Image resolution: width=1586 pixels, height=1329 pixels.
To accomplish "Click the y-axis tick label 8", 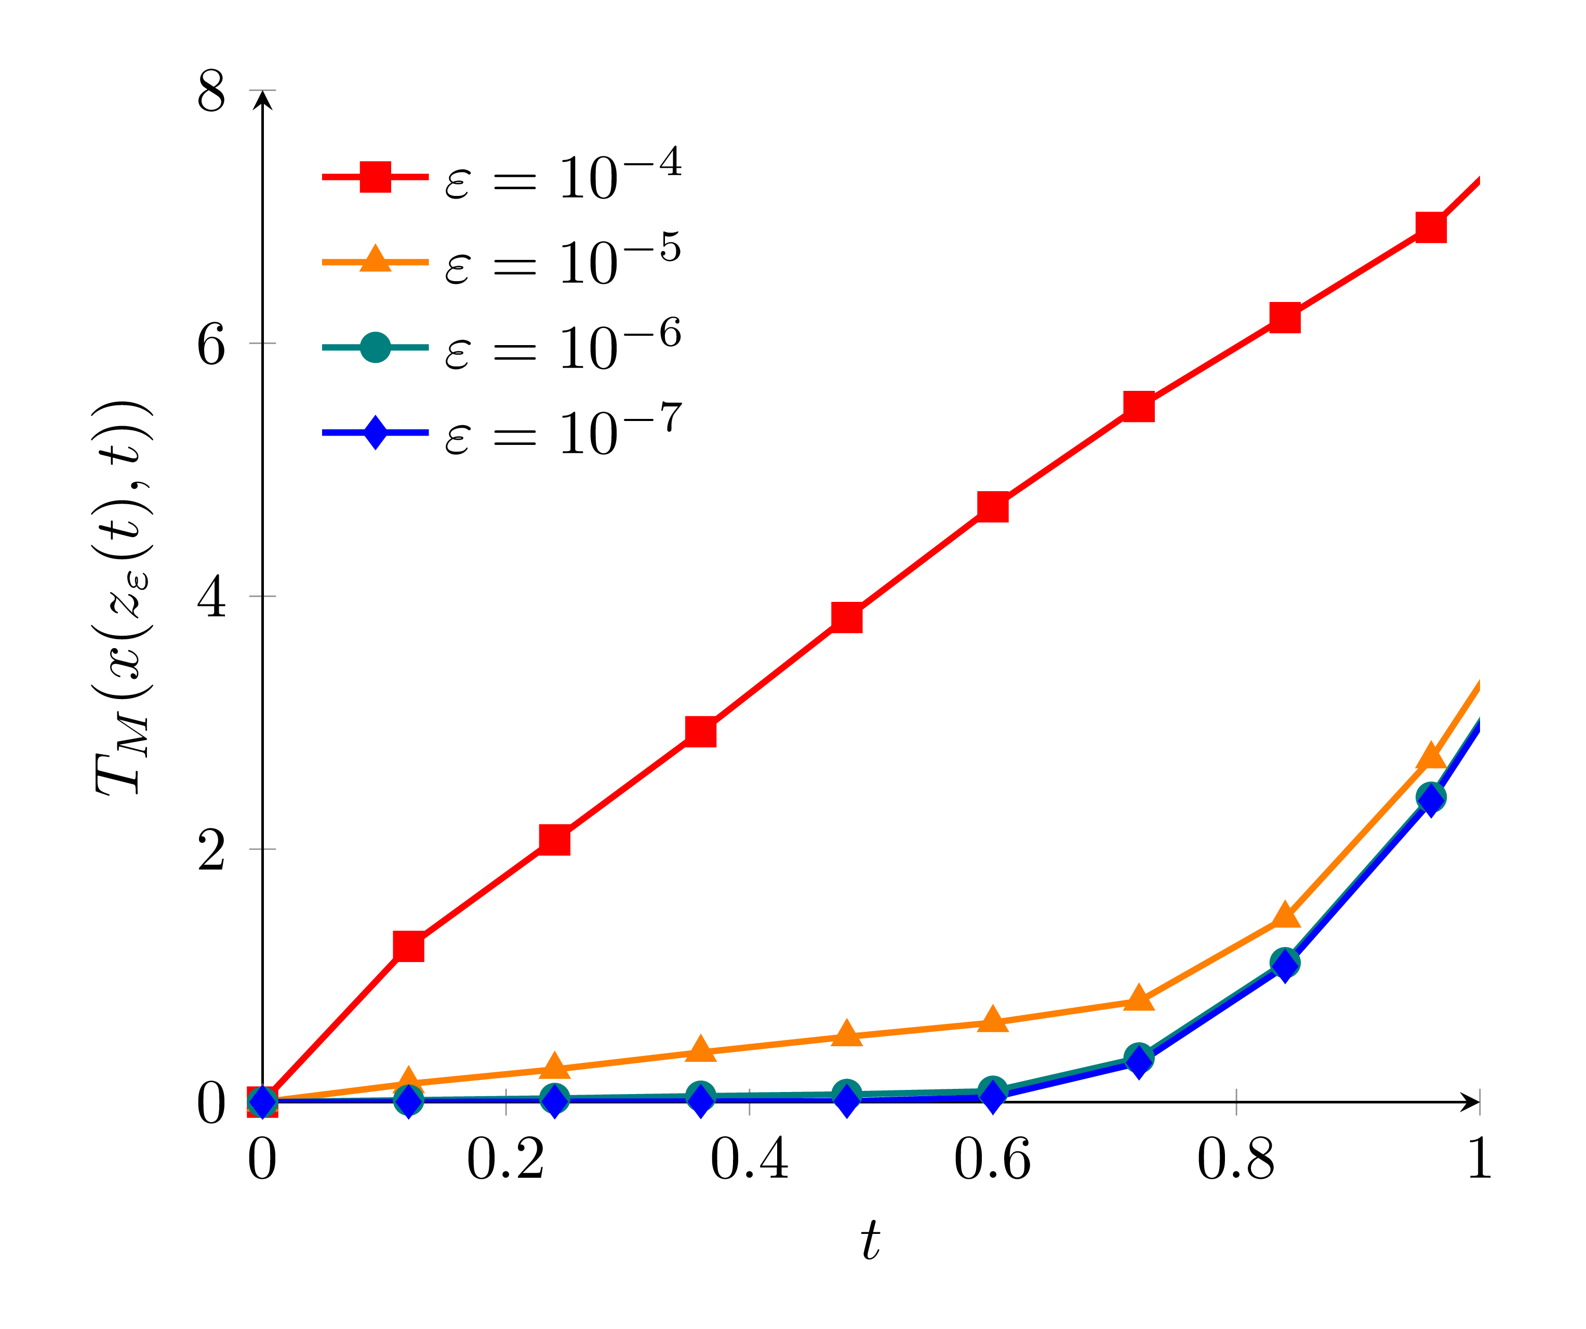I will pos(211,92).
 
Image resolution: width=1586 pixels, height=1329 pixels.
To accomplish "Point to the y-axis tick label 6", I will pos(211,345).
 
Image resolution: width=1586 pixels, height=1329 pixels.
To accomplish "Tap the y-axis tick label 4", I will pos(211,598).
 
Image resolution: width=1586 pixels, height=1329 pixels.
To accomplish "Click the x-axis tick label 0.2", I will pos(505,1159).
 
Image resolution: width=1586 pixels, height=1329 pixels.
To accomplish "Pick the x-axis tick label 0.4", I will pos(749,1159).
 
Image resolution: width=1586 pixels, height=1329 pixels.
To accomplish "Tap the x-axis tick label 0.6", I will pos(992,1159).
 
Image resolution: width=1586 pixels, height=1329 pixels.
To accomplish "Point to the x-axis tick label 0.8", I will pos(1235,1159).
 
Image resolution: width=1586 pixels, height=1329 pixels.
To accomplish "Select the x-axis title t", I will pos(870,1241).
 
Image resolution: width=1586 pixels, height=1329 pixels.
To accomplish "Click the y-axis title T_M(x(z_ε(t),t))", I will pos(124,597).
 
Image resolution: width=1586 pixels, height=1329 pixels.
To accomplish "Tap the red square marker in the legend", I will pos(375,177).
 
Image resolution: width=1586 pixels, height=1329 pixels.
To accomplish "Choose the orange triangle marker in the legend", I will pos(375,260).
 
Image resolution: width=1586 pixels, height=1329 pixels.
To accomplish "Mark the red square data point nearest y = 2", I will pos(554,839).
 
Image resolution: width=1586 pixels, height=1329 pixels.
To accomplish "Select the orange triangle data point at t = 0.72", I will pos(1138,999).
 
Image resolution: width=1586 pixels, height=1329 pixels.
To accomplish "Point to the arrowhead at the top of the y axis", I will pos(262,98).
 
